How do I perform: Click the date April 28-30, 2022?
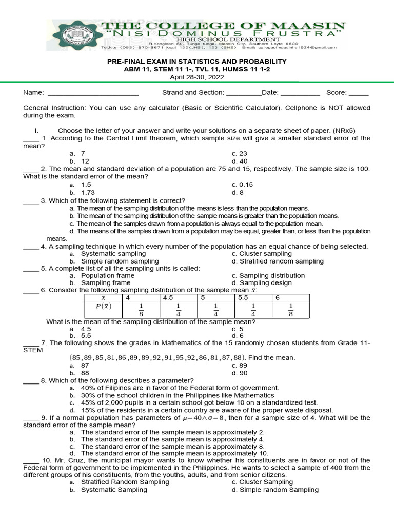pyautogui.click(x=197, y=76)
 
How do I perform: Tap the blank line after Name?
pyautogui.click(x=92, y=93)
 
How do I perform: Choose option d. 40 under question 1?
pyautogui.click(x=239, y=161)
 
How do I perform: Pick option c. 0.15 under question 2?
pyautogui.click(x=242, y=184)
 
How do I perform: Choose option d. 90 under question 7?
pyautogui.click(x=239, y=373)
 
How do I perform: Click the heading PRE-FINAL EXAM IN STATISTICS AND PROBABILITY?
pyautogui.click(x=197, y=61)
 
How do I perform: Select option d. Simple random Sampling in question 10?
pyautogui.click(x=274, y=490)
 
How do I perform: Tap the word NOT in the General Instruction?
pyautogui.click(x=319, y=108)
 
